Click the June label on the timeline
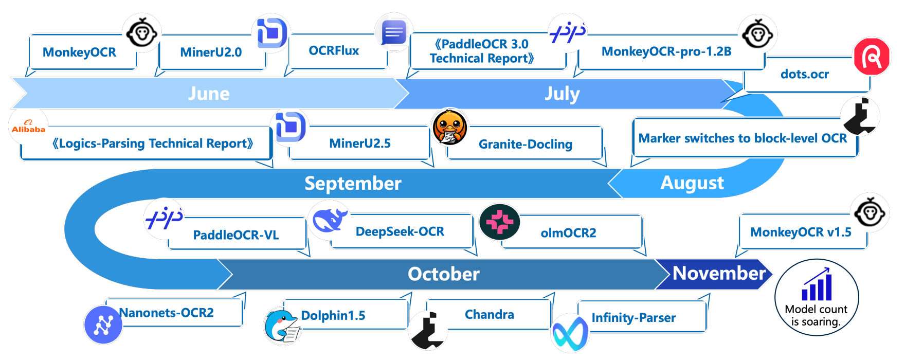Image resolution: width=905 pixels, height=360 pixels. pos(209,94)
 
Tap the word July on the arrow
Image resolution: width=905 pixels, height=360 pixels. pos(562,94)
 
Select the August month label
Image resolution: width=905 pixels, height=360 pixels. pos(692,183)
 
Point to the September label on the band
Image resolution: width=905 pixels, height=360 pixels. pos(353,184)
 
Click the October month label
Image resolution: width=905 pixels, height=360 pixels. pos(443,274)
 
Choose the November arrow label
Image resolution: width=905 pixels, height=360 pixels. pos(719,273)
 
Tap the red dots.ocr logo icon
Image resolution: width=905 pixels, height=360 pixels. pos(872,57)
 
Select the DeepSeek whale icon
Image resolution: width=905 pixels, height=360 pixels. pos(329,220)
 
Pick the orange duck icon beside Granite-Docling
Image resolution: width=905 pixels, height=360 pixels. pos(450,127)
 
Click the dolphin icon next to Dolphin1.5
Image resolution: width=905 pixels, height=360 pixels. pos(281,326)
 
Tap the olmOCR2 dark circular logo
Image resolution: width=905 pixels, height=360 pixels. pos(499,222)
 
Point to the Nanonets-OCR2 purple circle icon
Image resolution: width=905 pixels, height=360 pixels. pos(103,325)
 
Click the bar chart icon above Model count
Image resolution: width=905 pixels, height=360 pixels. pos(817,284)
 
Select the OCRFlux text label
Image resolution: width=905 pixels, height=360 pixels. pos(334,50)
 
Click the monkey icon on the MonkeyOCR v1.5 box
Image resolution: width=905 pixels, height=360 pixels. pos(870,212)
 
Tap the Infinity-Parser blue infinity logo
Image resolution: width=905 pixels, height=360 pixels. pos(570,333)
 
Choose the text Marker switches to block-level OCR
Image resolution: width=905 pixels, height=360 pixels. pos(743,138)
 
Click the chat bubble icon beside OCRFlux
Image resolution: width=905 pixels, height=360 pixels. pos(394,32)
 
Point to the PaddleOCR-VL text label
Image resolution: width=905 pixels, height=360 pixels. pos(236,235)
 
